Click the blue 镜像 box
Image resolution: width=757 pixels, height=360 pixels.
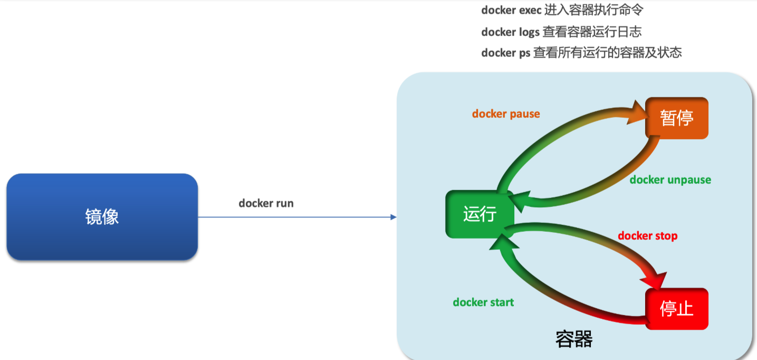pyautogui.click(x=102, y=217)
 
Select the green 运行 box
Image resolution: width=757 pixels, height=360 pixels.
pyautogui.click(x=480, y=214)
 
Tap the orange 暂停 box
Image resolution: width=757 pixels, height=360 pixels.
pyautogui.click(x=676, y=118)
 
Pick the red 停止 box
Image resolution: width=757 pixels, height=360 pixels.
pyautogui.click(x=676, y=309)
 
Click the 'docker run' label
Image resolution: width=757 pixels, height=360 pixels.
pyautogui.click(x=266, y=203)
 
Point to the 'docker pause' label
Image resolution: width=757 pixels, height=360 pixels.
pyautogui.click(x=506, y=114)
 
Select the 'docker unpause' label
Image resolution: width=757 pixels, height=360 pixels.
pyautogui.click(x=670, y=180)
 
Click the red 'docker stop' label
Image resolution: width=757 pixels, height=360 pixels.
pyautogui.click(x=647, y=236)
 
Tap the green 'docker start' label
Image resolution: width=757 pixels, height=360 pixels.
pyautogui.click(x=483, y=302)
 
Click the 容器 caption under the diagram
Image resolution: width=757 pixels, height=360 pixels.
pyautogui.click(x=574, y=339)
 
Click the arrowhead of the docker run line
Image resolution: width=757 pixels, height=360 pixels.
pyautogui.click(x=393, y=217)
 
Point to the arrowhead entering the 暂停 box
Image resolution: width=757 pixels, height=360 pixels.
pyautogui.click(x=637, y=113)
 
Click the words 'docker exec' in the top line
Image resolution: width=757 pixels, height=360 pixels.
pyautogui.click(x=511, y=11)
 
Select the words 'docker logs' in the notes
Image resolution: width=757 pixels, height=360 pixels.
pyautogui.click(x=510, y=32)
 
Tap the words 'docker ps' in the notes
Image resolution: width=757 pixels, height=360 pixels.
pyautogui.click(x=505, y=53)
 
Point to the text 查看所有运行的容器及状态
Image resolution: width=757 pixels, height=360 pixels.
pyautogui.click(x=607, y=53)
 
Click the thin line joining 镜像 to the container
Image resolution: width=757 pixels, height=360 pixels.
pyautogui.click(x=295, y=217)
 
